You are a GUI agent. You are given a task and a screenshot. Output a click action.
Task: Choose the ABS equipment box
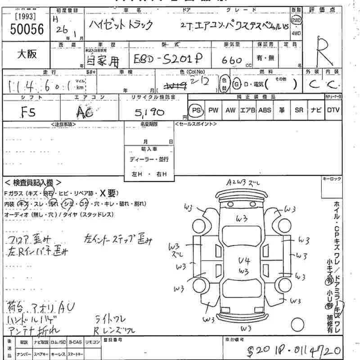point(264,110)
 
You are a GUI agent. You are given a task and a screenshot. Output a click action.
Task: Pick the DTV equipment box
point(333,110)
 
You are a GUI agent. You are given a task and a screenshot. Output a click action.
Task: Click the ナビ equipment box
point(315,110)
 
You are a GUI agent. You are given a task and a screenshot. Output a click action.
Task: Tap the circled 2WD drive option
point(309,21)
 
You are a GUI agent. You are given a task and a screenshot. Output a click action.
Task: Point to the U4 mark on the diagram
point(244,261)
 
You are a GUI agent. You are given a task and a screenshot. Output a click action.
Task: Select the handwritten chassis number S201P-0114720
point(292,350)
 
